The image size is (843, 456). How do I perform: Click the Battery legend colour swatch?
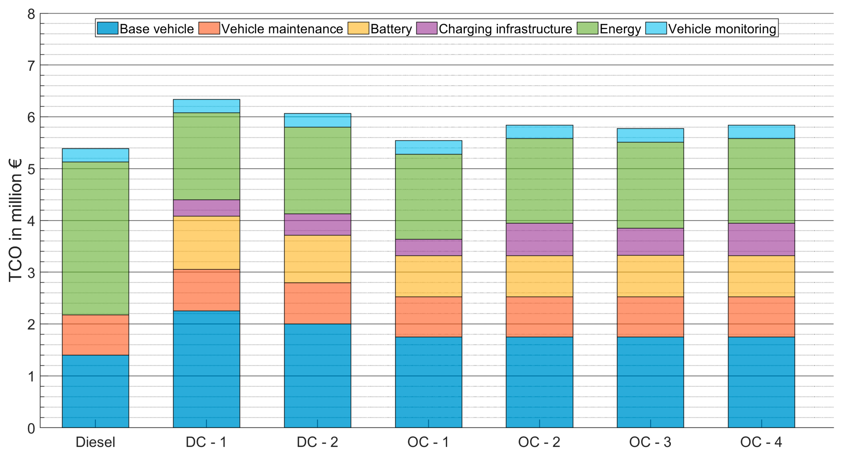pos(358,28)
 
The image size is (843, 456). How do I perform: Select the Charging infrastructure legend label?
pos(505,29)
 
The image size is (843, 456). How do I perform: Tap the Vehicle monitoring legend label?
pos(722,29)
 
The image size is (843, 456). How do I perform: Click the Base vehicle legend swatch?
pos(108,28)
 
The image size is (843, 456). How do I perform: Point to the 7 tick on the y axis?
pos(31,66)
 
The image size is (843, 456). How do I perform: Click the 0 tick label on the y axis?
pos(31,428)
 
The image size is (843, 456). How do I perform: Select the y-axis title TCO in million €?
pos(15,220)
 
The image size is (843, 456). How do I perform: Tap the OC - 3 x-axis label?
pos(650,442)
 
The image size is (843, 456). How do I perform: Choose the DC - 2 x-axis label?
pos(317,442)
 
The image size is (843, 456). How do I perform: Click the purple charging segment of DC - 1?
pos(206,208)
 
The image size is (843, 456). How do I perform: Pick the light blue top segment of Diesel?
pos(96,155)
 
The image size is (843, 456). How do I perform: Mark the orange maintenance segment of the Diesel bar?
pos(96,335)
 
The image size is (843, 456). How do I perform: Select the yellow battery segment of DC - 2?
pos(317,259)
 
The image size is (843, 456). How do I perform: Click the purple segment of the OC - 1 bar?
pos(429,247)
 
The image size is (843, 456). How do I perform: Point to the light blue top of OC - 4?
pos(762,132)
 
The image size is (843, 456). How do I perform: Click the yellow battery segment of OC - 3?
pos(651,276)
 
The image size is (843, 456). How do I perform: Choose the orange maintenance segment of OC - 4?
pos(762,317)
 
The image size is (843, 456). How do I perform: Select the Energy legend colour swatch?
pos(587,28)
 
